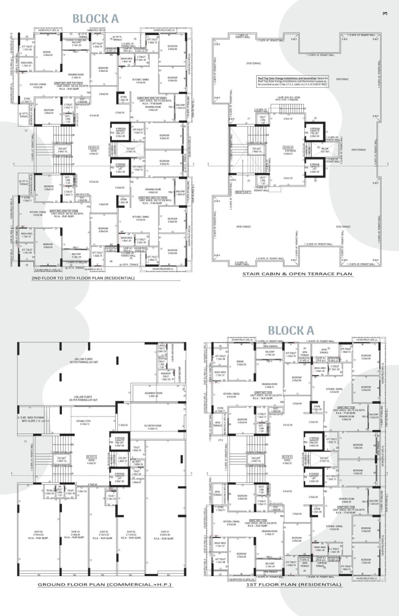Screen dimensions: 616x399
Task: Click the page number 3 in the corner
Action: pyautogui.click(x=385, y=13)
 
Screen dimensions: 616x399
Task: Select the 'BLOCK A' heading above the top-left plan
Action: pyautogui.click(x=95, y=19)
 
